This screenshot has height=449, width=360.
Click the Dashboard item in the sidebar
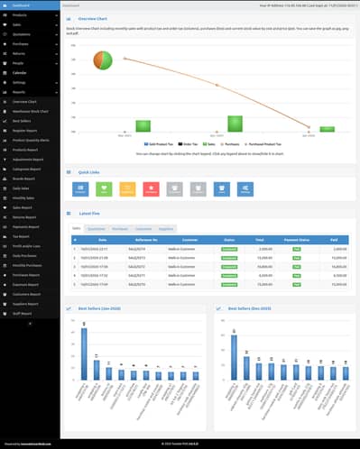[23, 5]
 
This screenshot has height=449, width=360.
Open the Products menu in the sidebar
[20, 15]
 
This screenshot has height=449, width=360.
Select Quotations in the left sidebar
[22, 34]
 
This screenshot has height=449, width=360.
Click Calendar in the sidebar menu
[20, 73]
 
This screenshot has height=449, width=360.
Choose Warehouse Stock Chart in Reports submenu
[31, 111]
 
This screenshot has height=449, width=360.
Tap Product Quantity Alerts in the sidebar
[31, 140]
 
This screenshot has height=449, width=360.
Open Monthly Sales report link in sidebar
[23, 197]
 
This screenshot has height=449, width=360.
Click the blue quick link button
[81, 189]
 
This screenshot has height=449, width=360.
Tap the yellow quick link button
[127, 189]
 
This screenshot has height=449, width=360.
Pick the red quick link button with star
[150, 189]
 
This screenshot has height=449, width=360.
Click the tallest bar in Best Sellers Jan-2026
[84, 353]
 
